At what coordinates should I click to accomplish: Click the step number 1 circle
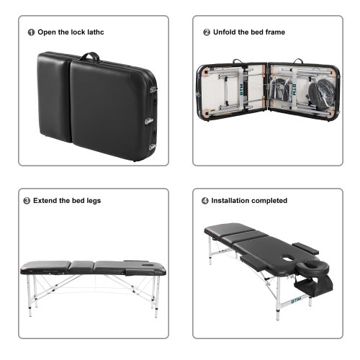(x=31, y=32)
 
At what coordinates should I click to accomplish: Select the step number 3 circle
(x=27, y=201)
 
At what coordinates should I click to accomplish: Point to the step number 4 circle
(x=206, y=201)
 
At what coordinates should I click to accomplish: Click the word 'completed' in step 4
(x=270, y=201)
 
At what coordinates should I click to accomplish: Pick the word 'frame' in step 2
(x=275, y=32)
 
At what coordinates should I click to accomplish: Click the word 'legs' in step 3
(x=97, y=201)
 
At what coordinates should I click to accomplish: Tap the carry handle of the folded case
(x=89, y=55)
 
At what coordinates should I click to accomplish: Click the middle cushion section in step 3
(x=81, y=267)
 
